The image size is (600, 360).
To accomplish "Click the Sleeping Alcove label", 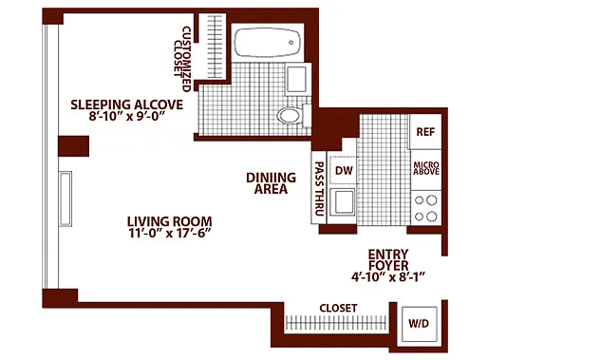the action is coord(126,104).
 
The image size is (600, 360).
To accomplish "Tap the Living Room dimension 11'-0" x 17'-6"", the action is coord(170,234).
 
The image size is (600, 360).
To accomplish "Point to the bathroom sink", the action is coord(297,80).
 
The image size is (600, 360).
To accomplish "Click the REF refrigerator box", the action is coord(425,132).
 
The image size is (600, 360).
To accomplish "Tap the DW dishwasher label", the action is coord(344,170).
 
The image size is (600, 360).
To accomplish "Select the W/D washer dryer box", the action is coord(419,324).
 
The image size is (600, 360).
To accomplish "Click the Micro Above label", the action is coord(426,168).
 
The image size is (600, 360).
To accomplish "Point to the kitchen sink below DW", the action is coord(344,202).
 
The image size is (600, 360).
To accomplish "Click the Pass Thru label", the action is coord(319,188).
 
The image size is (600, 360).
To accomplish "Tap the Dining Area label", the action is coord(271,183).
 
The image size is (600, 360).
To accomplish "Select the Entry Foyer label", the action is coord(388,259).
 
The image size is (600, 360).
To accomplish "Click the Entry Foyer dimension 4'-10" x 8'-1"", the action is coord(388,277).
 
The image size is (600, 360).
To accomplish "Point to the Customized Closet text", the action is coord(181,59).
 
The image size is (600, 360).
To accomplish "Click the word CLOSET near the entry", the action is coord(338,309).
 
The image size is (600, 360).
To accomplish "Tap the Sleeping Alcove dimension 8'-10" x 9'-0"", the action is coord(126,116).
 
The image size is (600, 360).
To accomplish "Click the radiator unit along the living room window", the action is coord(66,199).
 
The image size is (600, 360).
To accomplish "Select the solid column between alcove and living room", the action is coord(73,146).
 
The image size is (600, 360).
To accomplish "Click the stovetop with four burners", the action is coord(426,208).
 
